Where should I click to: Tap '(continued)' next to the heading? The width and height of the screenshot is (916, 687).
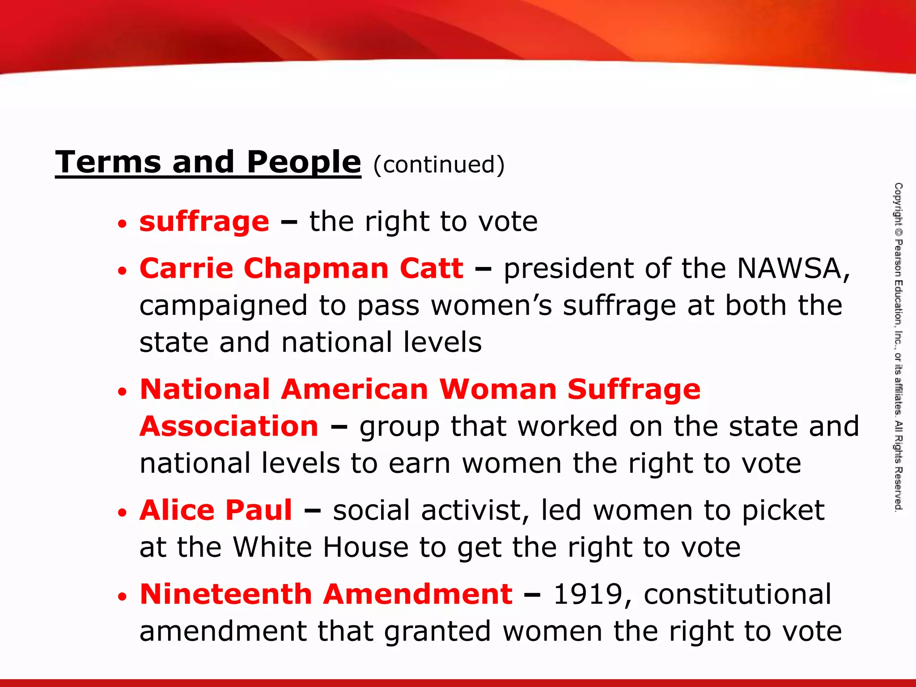pos(439,165)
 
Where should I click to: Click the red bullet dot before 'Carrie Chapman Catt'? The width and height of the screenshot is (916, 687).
pos(123,271)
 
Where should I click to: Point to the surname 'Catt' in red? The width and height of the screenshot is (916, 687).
pos(431,268)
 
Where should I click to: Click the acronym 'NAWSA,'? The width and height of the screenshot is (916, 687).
pos(793,268)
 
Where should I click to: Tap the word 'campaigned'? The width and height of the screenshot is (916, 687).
pos(223,306)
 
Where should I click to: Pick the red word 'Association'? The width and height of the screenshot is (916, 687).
pos(229,426)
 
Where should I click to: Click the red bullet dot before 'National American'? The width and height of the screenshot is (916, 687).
pos(123,392)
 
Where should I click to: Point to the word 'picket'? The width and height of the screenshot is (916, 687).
pos(783,511)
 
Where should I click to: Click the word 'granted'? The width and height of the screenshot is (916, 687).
pos(437,632)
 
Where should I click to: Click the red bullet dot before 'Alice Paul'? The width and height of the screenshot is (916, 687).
pos(123,513)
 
